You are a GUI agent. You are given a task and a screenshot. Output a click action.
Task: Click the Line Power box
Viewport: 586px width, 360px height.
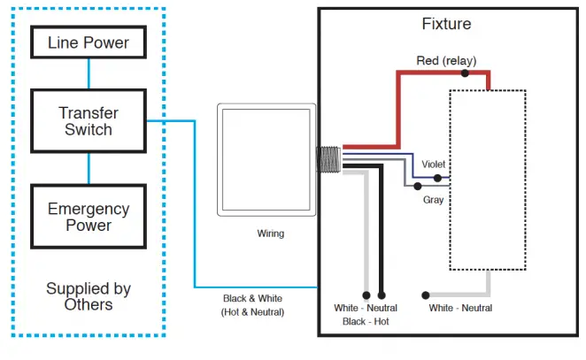tap(88, 42)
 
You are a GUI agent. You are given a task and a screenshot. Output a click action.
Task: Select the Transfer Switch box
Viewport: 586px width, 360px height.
tap(88, 121)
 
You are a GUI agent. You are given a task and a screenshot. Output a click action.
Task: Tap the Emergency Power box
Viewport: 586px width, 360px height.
tap(88, 217)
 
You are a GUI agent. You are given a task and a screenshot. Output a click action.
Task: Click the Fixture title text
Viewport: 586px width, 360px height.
tap(447, 24)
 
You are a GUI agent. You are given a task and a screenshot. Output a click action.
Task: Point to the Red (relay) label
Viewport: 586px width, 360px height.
tap(445, 60)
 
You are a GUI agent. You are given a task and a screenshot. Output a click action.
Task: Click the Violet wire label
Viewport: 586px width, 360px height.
tap(433, 165)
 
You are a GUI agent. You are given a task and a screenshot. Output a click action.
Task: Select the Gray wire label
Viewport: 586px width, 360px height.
tap(433, 200)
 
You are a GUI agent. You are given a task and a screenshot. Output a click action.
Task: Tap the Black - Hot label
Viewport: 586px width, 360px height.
tap(365, 322)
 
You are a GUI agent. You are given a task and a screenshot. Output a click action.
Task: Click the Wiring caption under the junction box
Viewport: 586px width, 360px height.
tap(271, 234)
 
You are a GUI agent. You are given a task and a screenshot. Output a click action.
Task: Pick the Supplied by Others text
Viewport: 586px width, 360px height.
tap(88, 296)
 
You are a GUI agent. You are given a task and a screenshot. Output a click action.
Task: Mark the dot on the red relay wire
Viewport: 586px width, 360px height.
tap(465, 73)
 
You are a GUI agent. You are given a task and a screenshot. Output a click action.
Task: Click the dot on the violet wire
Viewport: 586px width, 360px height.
tap(437, 178)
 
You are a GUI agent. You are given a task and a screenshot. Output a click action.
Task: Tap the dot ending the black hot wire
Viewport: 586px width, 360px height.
tap(382, 295)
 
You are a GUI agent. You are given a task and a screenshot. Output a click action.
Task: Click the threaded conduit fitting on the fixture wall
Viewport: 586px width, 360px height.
tap(330, 159)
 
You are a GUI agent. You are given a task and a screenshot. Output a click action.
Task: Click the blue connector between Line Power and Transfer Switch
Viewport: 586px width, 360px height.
tap(88, 72)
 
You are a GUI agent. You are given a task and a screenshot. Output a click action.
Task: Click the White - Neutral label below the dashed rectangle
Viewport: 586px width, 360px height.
tap(460, 308)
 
